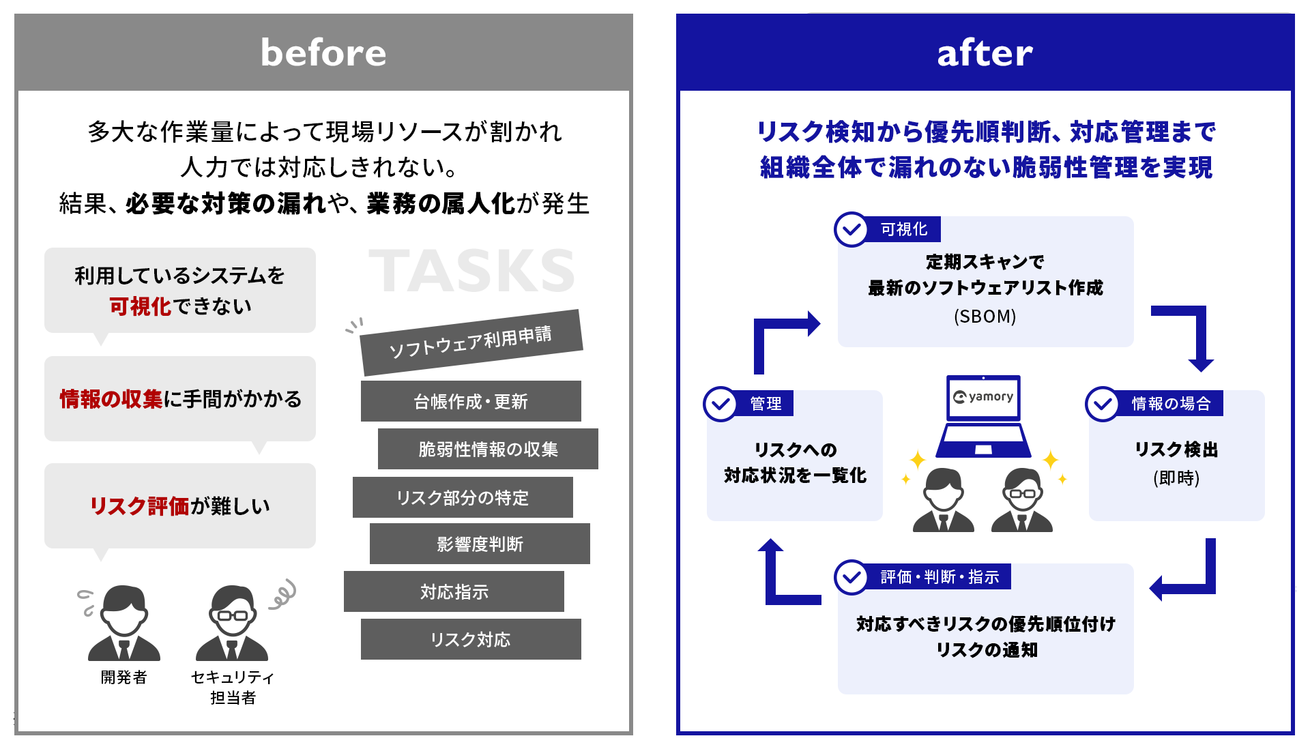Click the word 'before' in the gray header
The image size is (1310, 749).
[x=323, y=53]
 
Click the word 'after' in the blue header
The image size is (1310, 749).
[x=985, y=53]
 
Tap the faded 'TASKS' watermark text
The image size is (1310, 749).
[x=471, y=271]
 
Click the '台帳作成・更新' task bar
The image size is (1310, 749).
[x=471, y=401]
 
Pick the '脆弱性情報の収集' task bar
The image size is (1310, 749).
[x=488, y=449]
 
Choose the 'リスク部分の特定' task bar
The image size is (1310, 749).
[x=463, y=497]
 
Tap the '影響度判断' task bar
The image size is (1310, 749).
[x=480, y=544]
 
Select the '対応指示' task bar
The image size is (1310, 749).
[x=454, y=591]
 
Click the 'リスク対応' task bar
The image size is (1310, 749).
[x=471, y=639]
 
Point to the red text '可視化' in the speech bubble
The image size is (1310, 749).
[x=140, y=306]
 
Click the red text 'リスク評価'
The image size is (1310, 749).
[x=139, y=506]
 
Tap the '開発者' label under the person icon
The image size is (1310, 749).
[x=123, y=677]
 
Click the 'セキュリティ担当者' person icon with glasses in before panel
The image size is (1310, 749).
[x=232, y=623]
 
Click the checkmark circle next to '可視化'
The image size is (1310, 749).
[x=851, y=229]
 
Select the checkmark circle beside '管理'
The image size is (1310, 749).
[x=720, y=404]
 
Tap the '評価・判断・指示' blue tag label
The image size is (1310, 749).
[x=940, y=577]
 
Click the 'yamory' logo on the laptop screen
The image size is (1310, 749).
[x=983, y=397]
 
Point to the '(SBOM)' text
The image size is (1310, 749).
[x=985, y=317]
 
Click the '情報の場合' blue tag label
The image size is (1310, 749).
[x=1170, y=404]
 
